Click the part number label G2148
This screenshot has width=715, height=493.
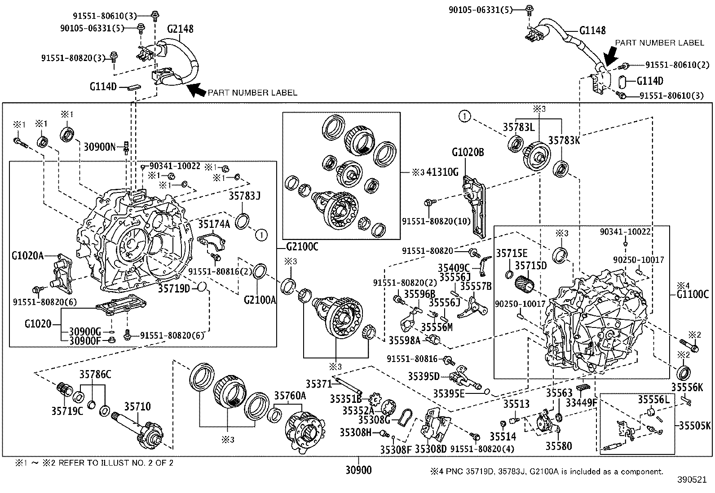[x=180, y=29]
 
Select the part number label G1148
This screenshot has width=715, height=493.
[x=592, y=31]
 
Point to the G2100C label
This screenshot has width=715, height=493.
[x=302, y=246]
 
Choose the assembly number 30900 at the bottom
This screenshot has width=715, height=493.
[x=359, y=470]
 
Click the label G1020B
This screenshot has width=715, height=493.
[x=468, y=152]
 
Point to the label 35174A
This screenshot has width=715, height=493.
[x=214, y=224]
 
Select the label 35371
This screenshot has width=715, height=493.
[x=318, y=384]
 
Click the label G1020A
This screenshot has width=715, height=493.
[x=28, y=256]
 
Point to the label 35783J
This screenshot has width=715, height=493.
[x=245, y=196]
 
